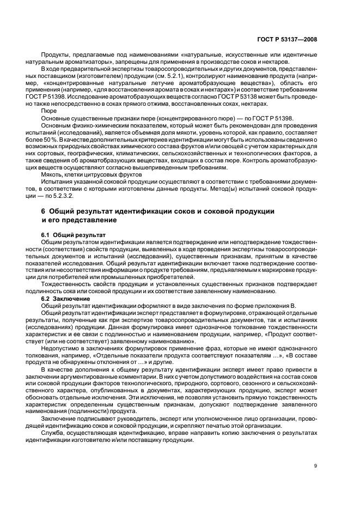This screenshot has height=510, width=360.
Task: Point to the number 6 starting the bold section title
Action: point(44,211)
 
